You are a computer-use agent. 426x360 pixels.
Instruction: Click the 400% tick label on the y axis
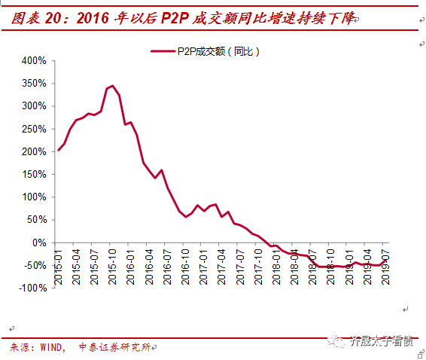[x=35, y=60]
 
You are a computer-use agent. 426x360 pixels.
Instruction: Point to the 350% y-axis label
[x=35, y=83]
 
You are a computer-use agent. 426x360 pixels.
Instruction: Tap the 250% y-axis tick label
[x=35, y=129]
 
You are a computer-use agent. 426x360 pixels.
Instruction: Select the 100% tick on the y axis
[x=35, y=197]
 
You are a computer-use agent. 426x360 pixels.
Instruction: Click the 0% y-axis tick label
[x=39, y=243]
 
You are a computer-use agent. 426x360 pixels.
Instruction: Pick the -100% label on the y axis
[x=32, y=288]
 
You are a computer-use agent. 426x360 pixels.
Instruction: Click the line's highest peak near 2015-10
[x=113, y=86]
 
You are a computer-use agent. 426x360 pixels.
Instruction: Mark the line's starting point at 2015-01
[x=58, y=150]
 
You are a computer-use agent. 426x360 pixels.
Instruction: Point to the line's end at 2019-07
[x=385, y=261]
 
